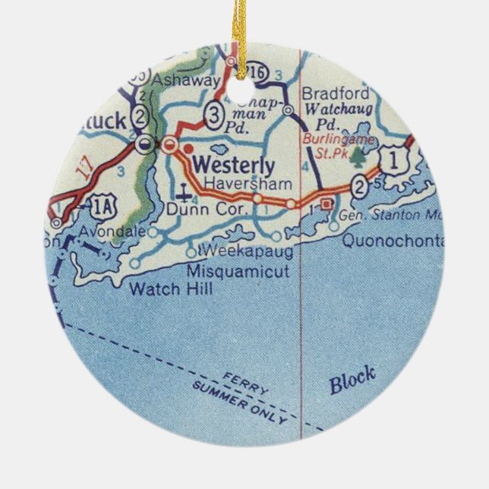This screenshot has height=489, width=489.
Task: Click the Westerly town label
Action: pos(233,163)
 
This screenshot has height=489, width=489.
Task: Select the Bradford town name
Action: pos(325,93)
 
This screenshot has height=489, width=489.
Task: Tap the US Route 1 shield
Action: pos(392,159)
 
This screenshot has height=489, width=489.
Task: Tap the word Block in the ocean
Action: pos(352,380)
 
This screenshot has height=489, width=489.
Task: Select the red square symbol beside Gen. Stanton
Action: pos(327,203)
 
